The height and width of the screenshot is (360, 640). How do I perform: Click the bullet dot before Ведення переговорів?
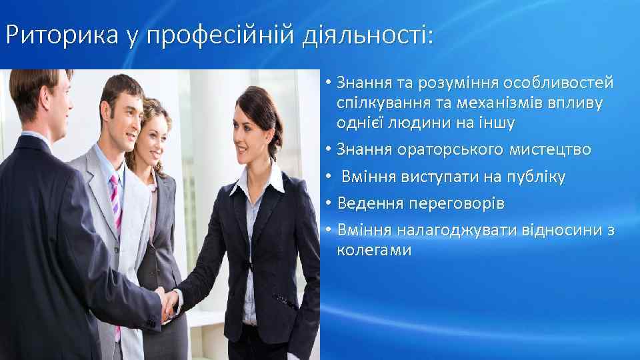tap(330, 203)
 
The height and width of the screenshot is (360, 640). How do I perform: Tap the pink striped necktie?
tap(116, 200)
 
